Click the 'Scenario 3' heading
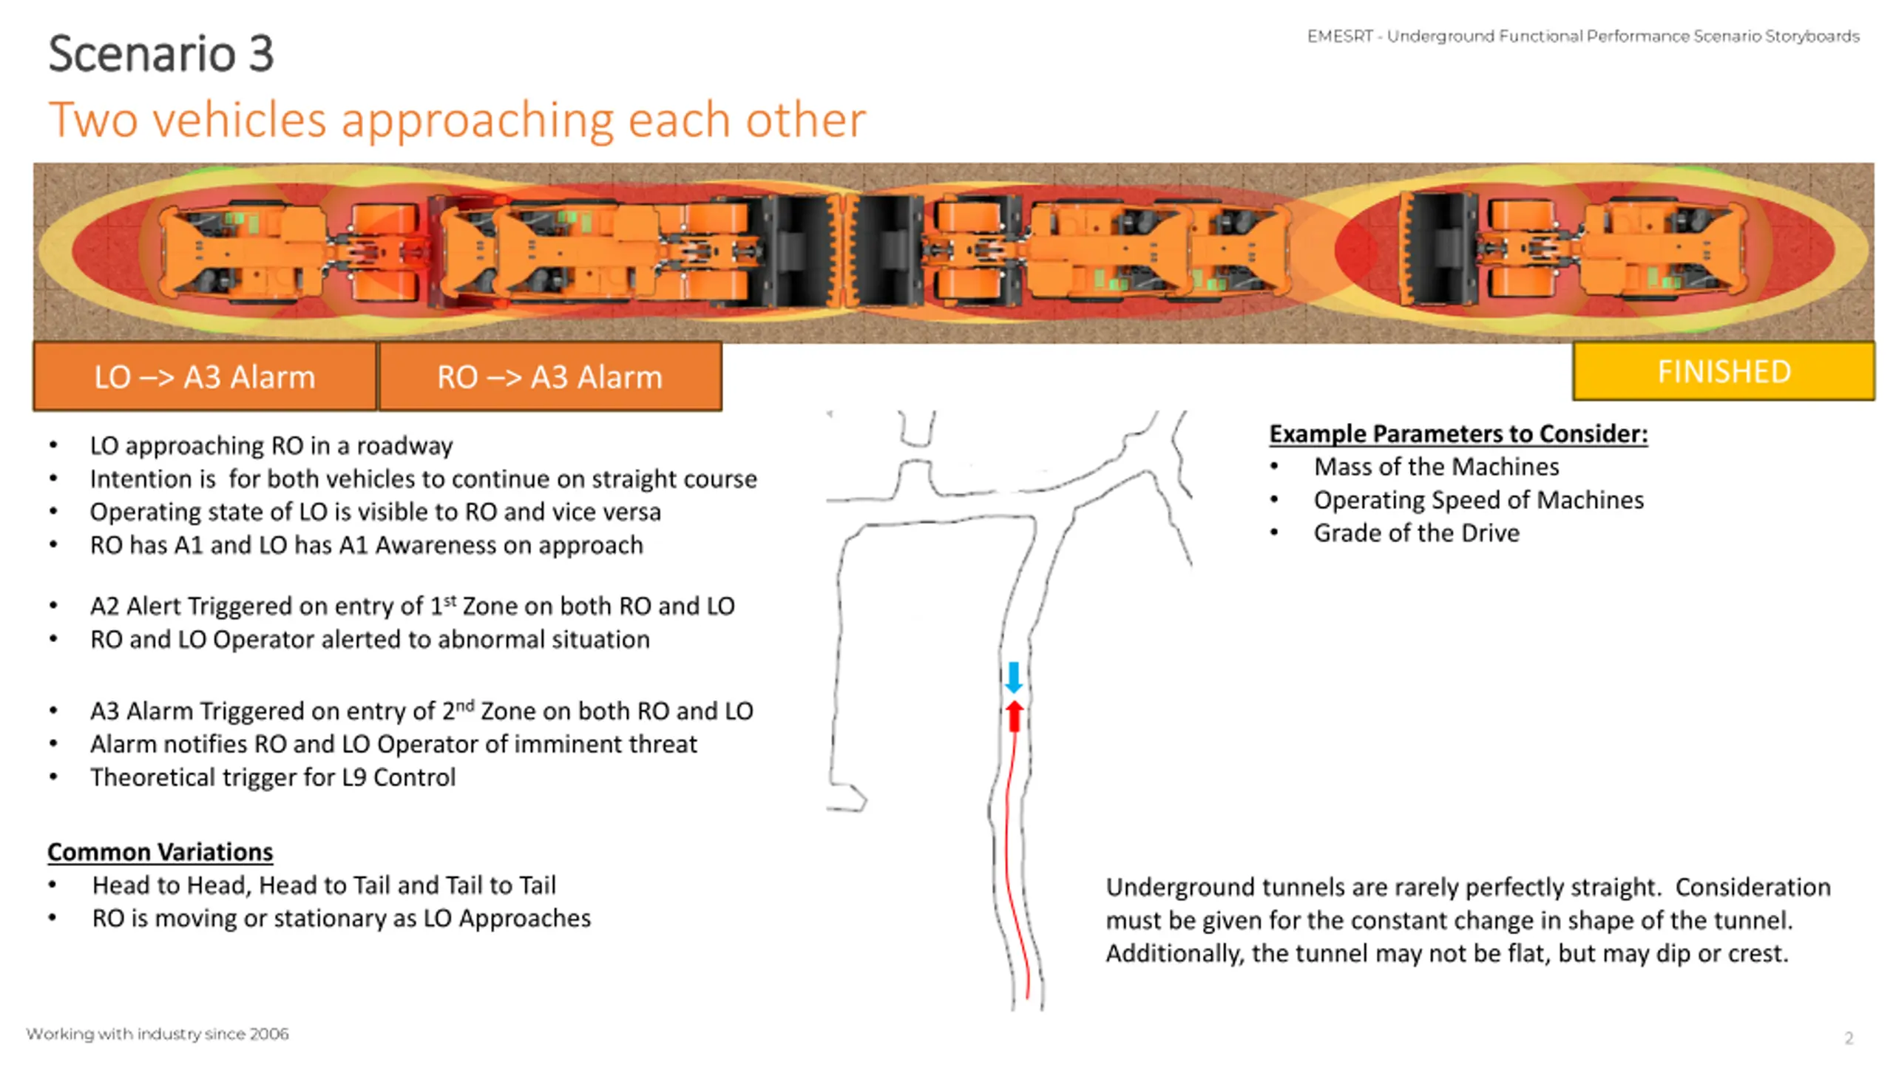(x=160, y=53)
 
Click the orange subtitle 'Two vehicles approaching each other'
(x=456, y=120)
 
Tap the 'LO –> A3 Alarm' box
(x=205, y=377)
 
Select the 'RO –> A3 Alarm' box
(x=549, y=377)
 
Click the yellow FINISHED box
(x=1723, y=371)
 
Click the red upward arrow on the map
(x=1015, y=716)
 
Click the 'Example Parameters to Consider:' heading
(x=1458, y=433)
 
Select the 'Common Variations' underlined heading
(x=160, y=852)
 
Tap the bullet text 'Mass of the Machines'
(x=1436, y=467)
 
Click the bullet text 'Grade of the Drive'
(x=1416, y=533)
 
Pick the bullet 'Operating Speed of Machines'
(x=1478, y=500)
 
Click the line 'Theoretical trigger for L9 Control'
(x=272, y=777)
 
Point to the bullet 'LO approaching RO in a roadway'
(x=271, y=445)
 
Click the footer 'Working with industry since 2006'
(x=157, y=1034)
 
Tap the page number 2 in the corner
(x=1849, y=1038)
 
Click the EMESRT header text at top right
(x=1582, y=36)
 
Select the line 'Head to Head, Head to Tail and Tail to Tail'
(x=323, y=885)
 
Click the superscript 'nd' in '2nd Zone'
(x=464, y=705)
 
